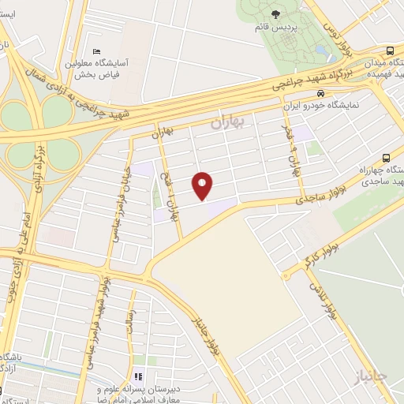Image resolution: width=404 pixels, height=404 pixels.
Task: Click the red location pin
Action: click(204, 185)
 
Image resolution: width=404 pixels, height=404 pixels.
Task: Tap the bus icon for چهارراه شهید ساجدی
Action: click(386, 156)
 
